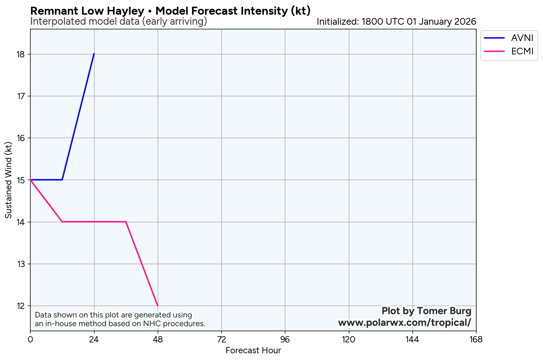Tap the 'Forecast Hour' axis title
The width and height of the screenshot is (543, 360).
253,351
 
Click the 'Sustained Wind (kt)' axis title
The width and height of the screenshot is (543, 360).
8,180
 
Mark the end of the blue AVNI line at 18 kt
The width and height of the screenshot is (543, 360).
94,54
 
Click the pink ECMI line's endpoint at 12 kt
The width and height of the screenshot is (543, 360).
158,306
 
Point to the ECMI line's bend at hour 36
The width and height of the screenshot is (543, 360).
126,222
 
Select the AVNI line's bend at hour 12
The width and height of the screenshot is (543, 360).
62,180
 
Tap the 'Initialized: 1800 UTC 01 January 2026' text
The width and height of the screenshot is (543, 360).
396,21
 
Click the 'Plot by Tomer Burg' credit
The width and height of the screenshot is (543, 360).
426,311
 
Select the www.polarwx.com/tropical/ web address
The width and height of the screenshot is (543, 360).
405,323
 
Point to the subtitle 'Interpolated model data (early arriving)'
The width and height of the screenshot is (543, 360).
118,21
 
